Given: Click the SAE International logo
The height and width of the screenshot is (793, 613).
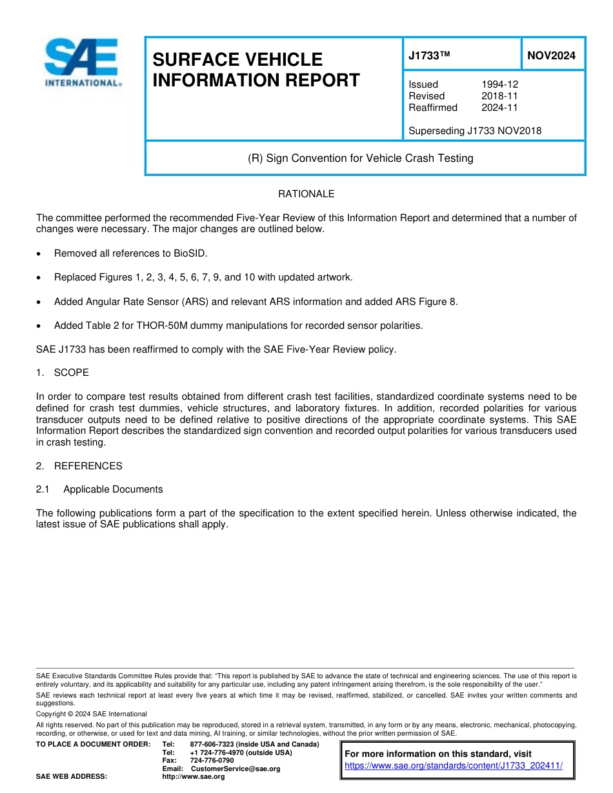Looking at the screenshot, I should [81, 63].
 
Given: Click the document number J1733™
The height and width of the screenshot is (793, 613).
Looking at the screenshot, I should [428, 56].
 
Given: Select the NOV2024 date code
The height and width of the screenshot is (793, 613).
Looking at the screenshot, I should [551, 56].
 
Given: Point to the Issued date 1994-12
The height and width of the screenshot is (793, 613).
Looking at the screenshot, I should [499, 84].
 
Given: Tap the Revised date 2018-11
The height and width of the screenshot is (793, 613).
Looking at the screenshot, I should [499, 96].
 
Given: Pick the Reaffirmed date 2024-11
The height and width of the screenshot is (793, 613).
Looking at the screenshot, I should [499, 108].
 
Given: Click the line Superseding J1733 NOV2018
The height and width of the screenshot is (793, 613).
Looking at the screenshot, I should [475, 131].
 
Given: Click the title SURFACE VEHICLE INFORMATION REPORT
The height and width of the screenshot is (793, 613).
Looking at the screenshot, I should [256, 70].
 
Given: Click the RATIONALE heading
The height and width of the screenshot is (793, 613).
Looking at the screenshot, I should [306, 194].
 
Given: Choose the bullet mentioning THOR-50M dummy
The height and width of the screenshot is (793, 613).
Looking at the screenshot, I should [238, 326].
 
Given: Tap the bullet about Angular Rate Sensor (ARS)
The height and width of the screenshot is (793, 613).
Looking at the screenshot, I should [256, 302].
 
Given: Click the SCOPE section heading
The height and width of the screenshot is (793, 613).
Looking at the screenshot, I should [71, 373].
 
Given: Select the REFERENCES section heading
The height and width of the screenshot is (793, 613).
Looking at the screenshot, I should [88, 466].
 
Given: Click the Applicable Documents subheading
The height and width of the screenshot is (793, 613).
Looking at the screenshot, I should [113, 489].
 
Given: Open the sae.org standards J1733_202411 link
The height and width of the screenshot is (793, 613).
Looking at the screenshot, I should [454, 766].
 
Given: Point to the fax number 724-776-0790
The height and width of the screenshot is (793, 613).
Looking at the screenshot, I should [212, 761].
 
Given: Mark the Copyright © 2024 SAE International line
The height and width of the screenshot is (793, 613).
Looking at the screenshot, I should [91, 714].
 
